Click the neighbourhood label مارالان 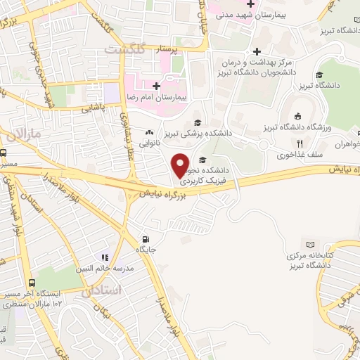(27, 133)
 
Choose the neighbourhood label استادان (102, 290)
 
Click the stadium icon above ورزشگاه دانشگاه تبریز (298, 116)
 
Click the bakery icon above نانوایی (149, 131)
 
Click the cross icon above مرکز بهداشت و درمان (258, 51)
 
